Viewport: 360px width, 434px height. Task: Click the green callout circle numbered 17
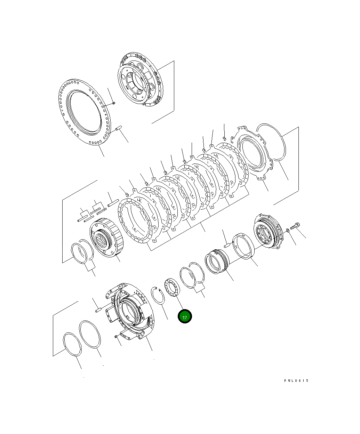coord(185,317)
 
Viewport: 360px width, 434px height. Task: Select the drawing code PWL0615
coord(296,381)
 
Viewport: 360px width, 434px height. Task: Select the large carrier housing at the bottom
coord(129,310)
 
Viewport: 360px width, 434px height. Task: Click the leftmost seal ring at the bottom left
coord(72,344)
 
